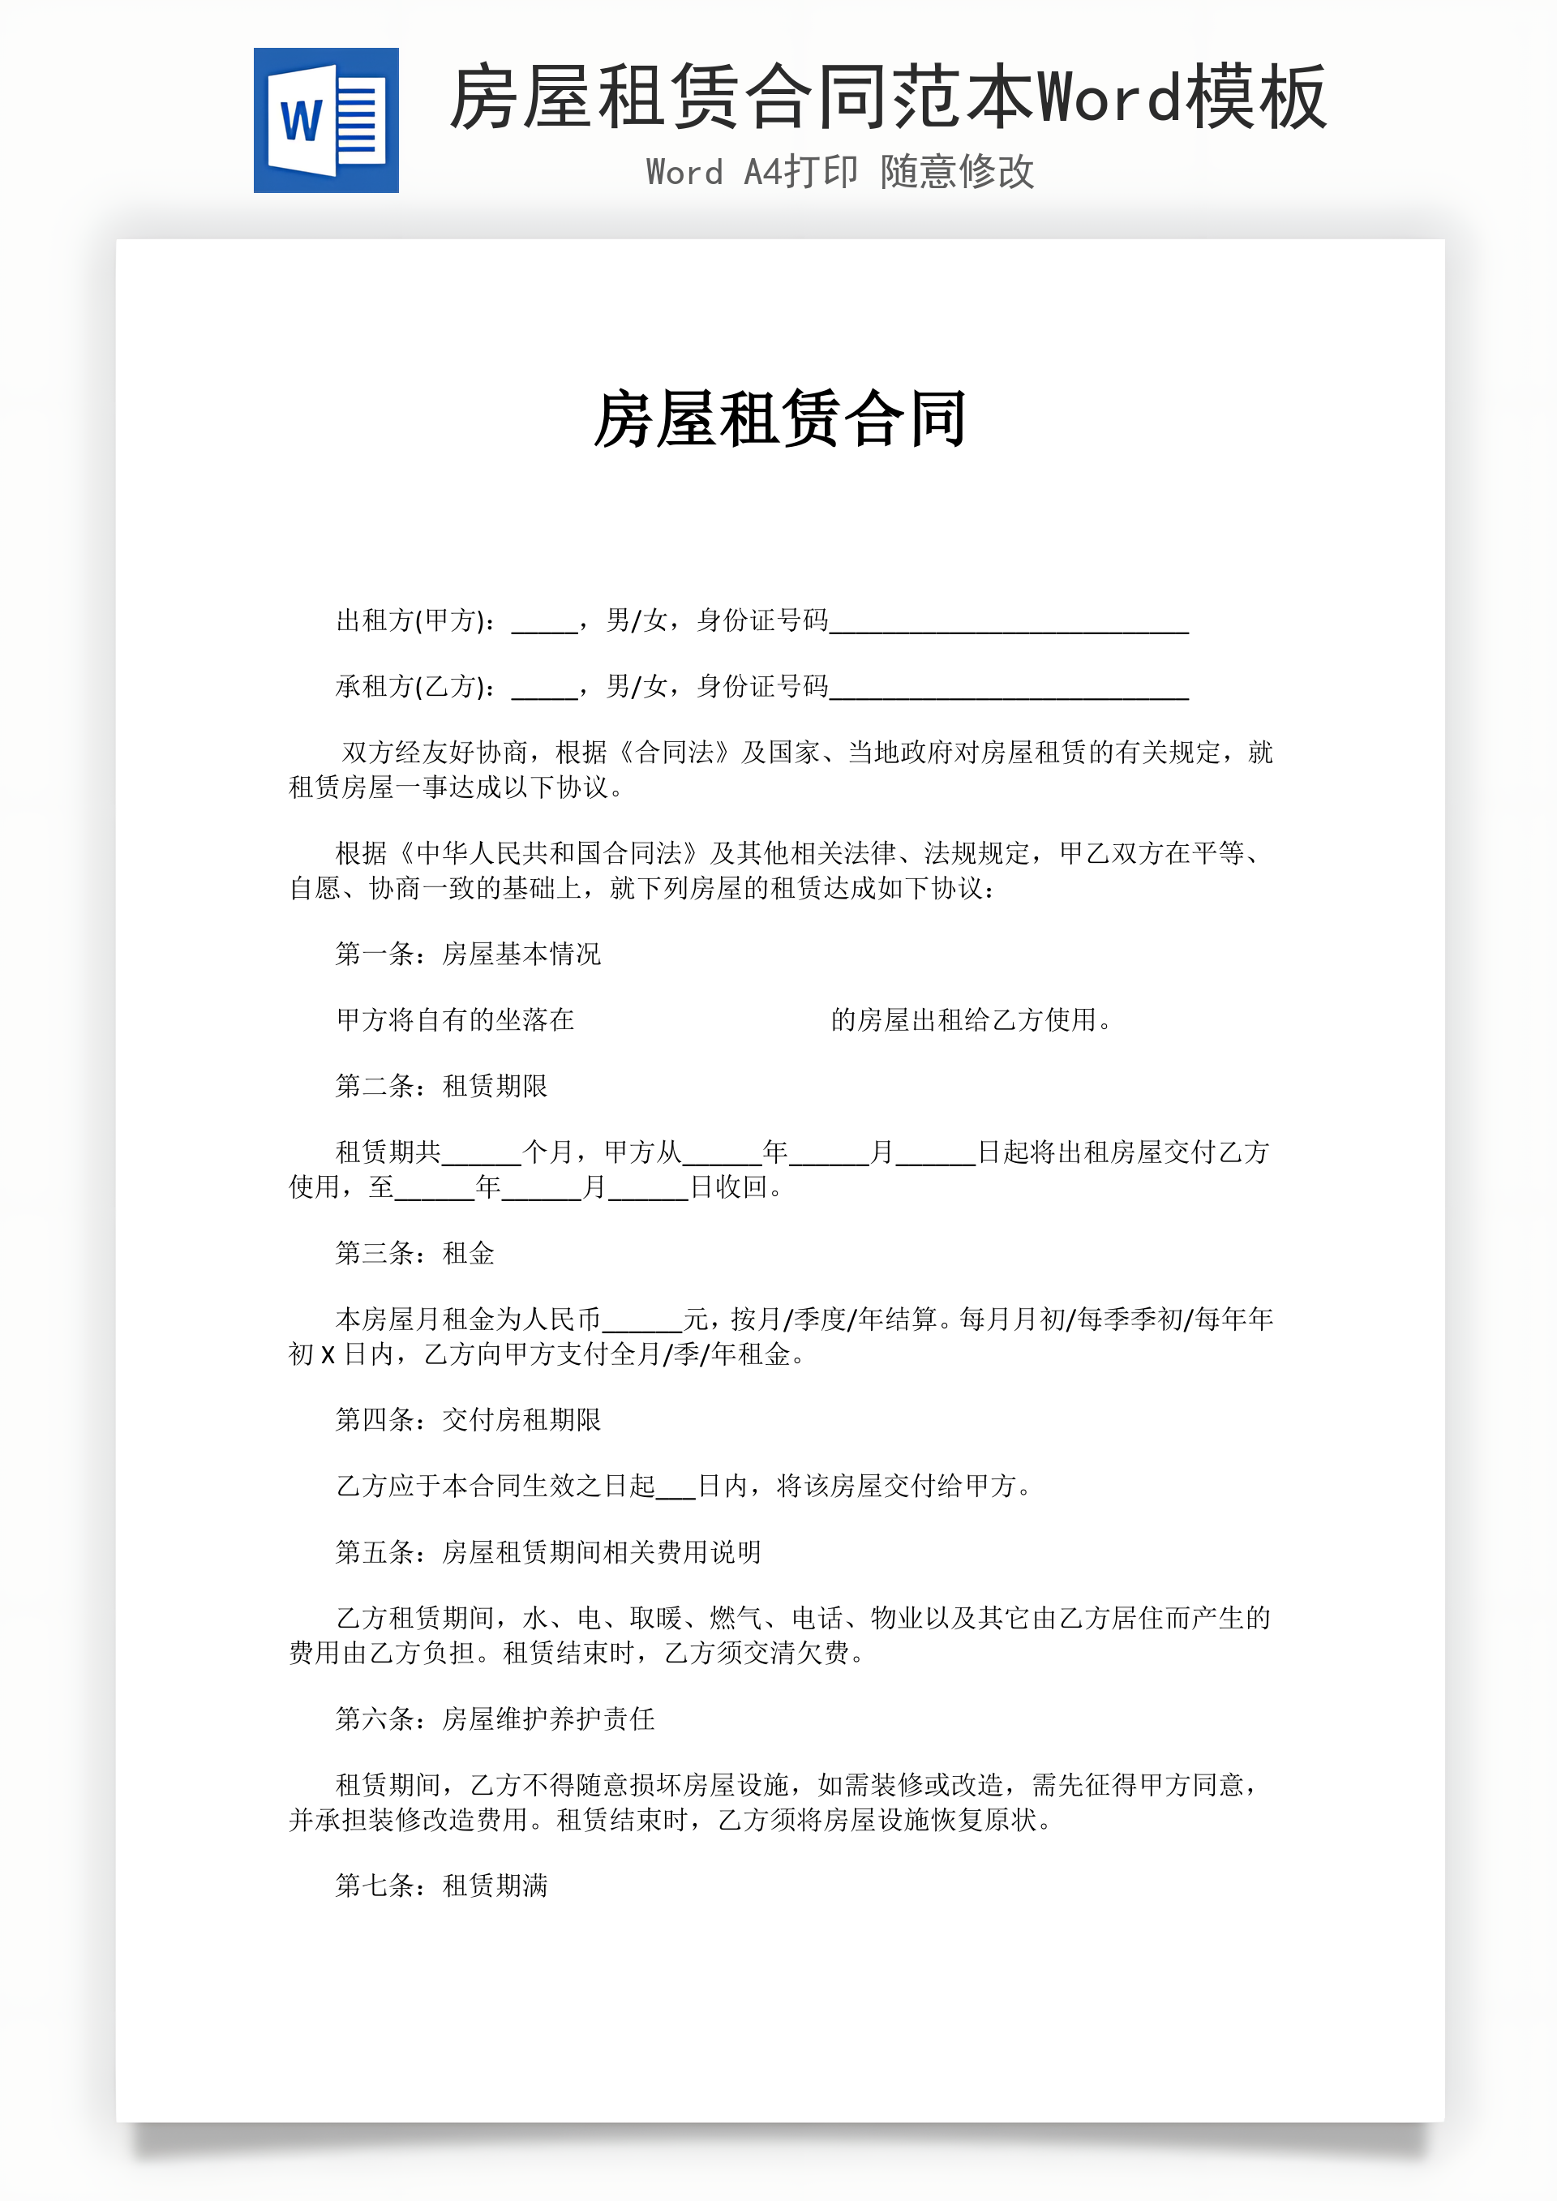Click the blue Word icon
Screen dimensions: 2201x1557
(326, 121)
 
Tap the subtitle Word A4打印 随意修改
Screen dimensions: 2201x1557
(840, 173)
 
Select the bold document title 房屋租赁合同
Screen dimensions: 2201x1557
(779, 419)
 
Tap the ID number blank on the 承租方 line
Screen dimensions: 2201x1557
(1009, 690)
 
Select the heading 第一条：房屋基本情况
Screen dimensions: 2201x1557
(468, 954)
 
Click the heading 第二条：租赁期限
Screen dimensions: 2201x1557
(441, 1086)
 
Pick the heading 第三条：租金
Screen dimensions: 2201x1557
(414, 1253)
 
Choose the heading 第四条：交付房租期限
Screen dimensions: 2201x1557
(468, 1420)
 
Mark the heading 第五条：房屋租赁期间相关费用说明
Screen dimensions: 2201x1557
(547, 1552)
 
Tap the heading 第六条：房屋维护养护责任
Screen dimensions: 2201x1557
(495, 1718)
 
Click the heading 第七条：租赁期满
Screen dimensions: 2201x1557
(441, 1886)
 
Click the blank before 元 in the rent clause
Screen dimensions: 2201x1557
(641, 1324)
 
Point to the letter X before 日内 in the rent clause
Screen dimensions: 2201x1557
(328, 1355)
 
